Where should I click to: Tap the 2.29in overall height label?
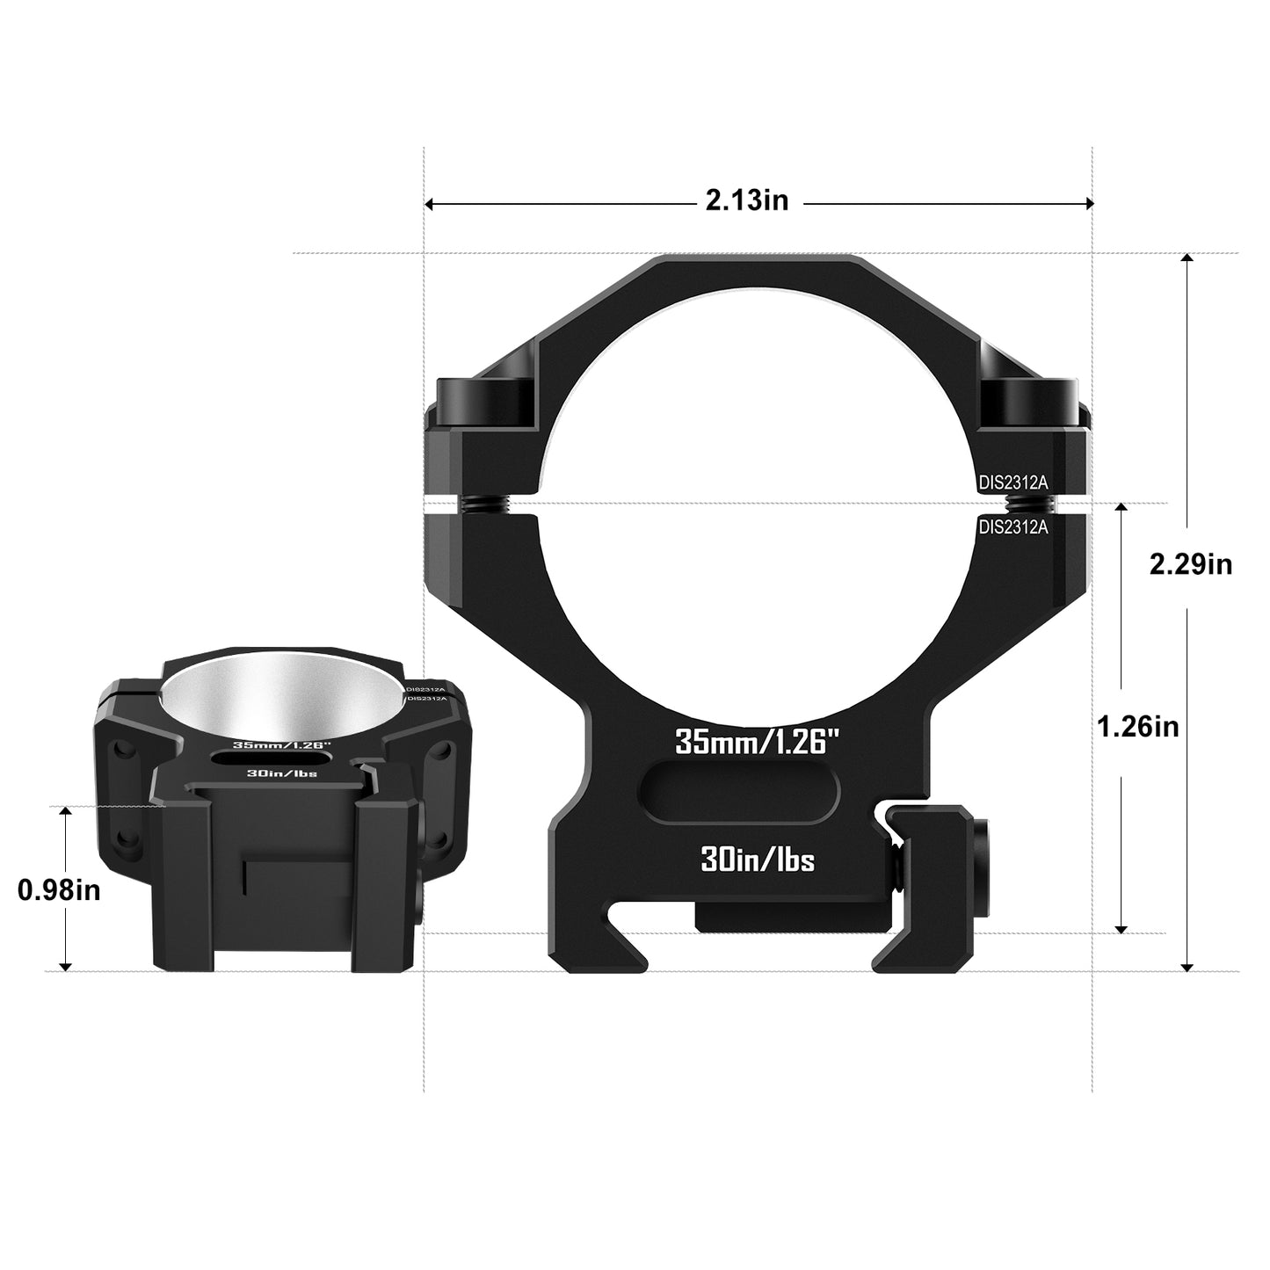[1190, 563]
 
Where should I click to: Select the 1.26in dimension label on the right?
[1138, 727]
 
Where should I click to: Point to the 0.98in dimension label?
[59, 890]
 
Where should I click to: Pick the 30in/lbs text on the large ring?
[757, 860]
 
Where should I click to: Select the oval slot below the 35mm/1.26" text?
[741, 792]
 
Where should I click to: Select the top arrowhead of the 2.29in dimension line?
[1187, 260]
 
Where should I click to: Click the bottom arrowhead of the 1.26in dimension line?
[1121, 927]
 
